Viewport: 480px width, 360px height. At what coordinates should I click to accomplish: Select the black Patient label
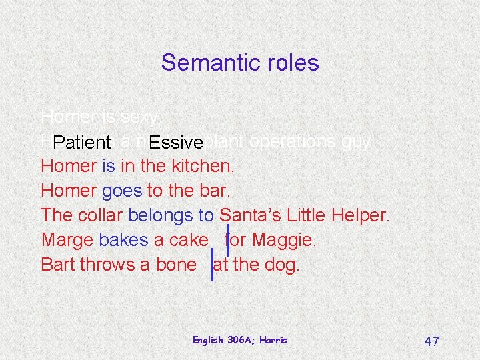(82, 142)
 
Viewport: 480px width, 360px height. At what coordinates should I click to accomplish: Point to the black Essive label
(176, 142)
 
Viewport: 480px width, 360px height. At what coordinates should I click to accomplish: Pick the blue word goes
(122, 191)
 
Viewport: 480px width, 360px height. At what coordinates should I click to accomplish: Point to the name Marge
(67, 240)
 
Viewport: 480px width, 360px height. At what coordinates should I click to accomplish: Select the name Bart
(57, 265)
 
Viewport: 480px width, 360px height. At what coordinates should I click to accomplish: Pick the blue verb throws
(107, 265)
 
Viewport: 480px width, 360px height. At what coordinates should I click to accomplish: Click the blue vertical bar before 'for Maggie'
(227, 240)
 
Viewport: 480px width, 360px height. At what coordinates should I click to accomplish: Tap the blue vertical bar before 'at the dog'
(212, 264)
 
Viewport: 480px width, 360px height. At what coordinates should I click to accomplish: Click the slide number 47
(431, 341)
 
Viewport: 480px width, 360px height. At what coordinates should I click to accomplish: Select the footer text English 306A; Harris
(239, 340)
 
